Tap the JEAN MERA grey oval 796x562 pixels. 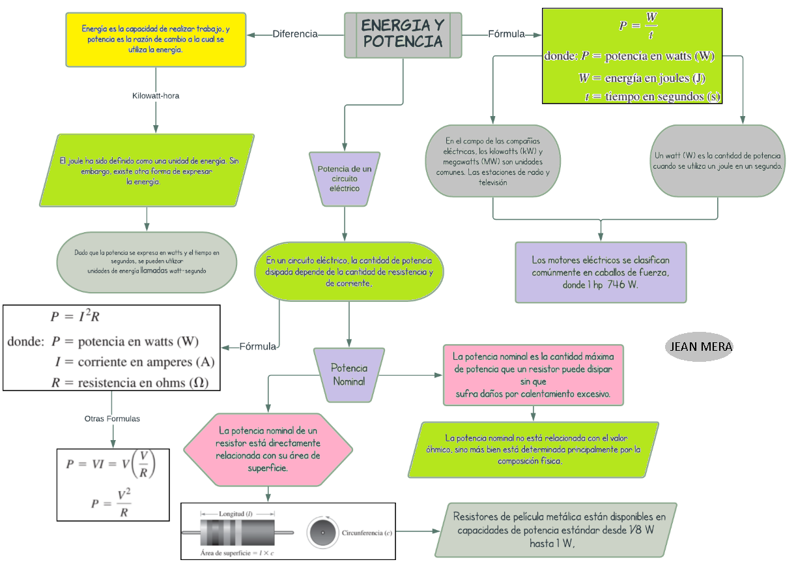[x=700, y=347]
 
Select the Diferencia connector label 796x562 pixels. [x=295, y=34]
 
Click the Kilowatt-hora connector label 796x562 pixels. [x=156, y=95]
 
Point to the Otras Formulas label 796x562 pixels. [x=112, y=419]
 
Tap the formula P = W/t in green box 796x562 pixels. [x=638, y=25]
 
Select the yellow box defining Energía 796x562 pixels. [x=156, y=39]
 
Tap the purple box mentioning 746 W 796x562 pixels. [x=600, y=272]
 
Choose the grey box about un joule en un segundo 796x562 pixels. [x=717, y=161]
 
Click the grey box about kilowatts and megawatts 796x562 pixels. [x=492, y=161]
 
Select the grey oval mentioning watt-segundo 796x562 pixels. [x=147, y=261]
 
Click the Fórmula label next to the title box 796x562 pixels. [x=506, y=34]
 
